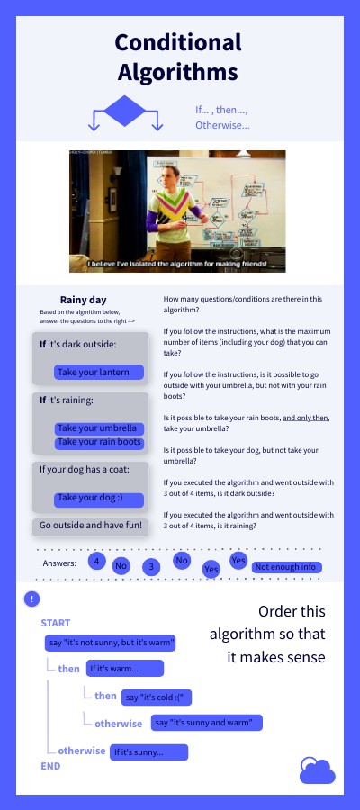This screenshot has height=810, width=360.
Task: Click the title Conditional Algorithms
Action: click(178, 57)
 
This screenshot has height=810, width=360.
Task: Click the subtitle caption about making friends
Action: click(178, 264)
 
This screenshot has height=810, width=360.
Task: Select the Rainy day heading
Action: click(84, 300)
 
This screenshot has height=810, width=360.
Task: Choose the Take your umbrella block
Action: click(97, 428)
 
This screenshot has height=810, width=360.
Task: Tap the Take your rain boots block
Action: click(99, 442)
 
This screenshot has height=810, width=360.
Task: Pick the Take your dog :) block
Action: click(88, 498)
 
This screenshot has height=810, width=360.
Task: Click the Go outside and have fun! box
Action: click(90, 526)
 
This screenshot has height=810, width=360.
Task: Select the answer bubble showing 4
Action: click(94, 560)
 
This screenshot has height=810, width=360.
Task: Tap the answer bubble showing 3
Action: click(152, 566)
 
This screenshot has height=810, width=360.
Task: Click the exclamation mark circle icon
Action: click(32, 598)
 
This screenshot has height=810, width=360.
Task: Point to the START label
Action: click(56, 623)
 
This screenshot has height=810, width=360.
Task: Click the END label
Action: click(50, 766)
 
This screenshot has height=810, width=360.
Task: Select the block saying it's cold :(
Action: click(158, 697)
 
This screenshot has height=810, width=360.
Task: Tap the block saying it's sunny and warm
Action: click(207, 723)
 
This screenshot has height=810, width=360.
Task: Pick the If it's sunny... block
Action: click(148, 751)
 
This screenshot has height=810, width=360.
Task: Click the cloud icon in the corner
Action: click(317, 770)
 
